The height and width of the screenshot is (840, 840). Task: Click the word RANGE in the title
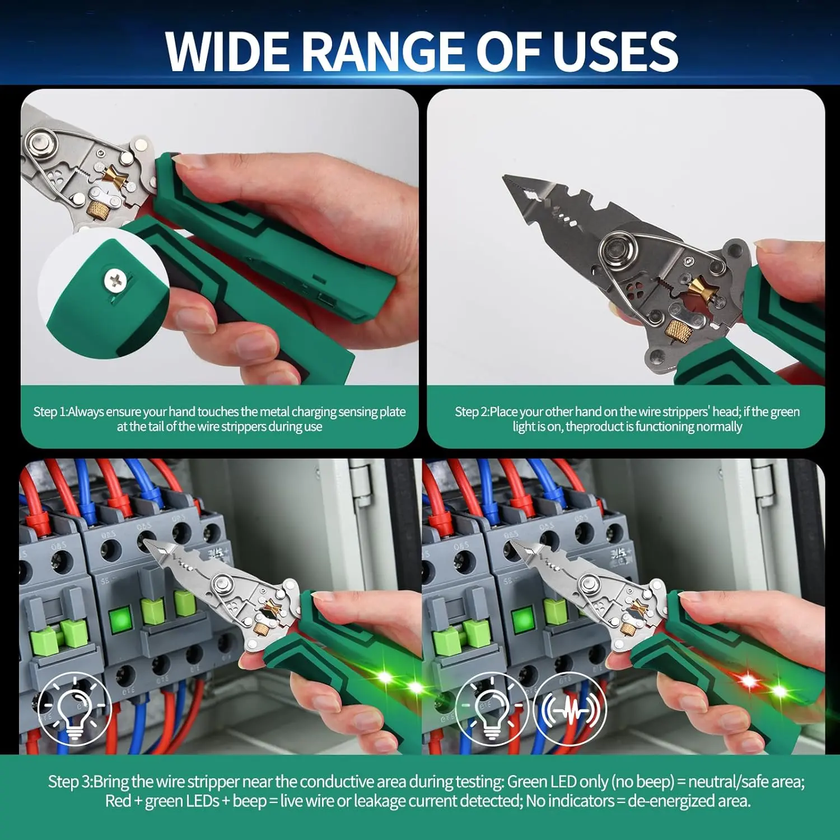coord(386,51)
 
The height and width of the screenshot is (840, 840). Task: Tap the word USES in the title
coord(616,51)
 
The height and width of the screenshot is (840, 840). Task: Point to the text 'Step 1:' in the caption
coord(50,412)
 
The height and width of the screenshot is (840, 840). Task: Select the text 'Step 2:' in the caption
coord(472,412)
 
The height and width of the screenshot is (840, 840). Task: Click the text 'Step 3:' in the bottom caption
coord(70,781)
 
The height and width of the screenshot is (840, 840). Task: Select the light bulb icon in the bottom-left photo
coord(74,709)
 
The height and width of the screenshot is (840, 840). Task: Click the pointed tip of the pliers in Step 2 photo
coord(505,178)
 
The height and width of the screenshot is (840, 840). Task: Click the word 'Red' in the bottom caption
coord(118,801)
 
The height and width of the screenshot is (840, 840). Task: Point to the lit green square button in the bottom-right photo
coord(523,620)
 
